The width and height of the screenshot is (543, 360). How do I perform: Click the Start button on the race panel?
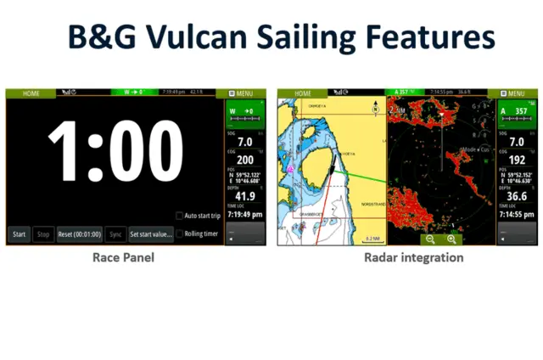[19, 233]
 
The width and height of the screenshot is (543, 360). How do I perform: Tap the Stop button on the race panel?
[42, 233]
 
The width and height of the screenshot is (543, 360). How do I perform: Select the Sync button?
[115, 233]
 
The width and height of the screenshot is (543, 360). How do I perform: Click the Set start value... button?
[151, 233]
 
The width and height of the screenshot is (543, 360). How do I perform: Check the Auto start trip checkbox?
[180, 216]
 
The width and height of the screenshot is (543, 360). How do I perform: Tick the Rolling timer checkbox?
[180, 233]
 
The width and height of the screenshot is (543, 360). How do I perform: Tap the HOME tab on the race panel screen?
[31, 93]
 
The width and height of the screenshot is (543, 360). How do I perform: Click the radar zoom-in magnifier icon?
[451, 239]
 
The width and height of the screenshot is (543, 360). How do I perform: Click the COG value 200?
[245, 160]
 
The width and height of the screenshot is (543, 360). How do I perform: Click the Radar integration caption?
[414, 257]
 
